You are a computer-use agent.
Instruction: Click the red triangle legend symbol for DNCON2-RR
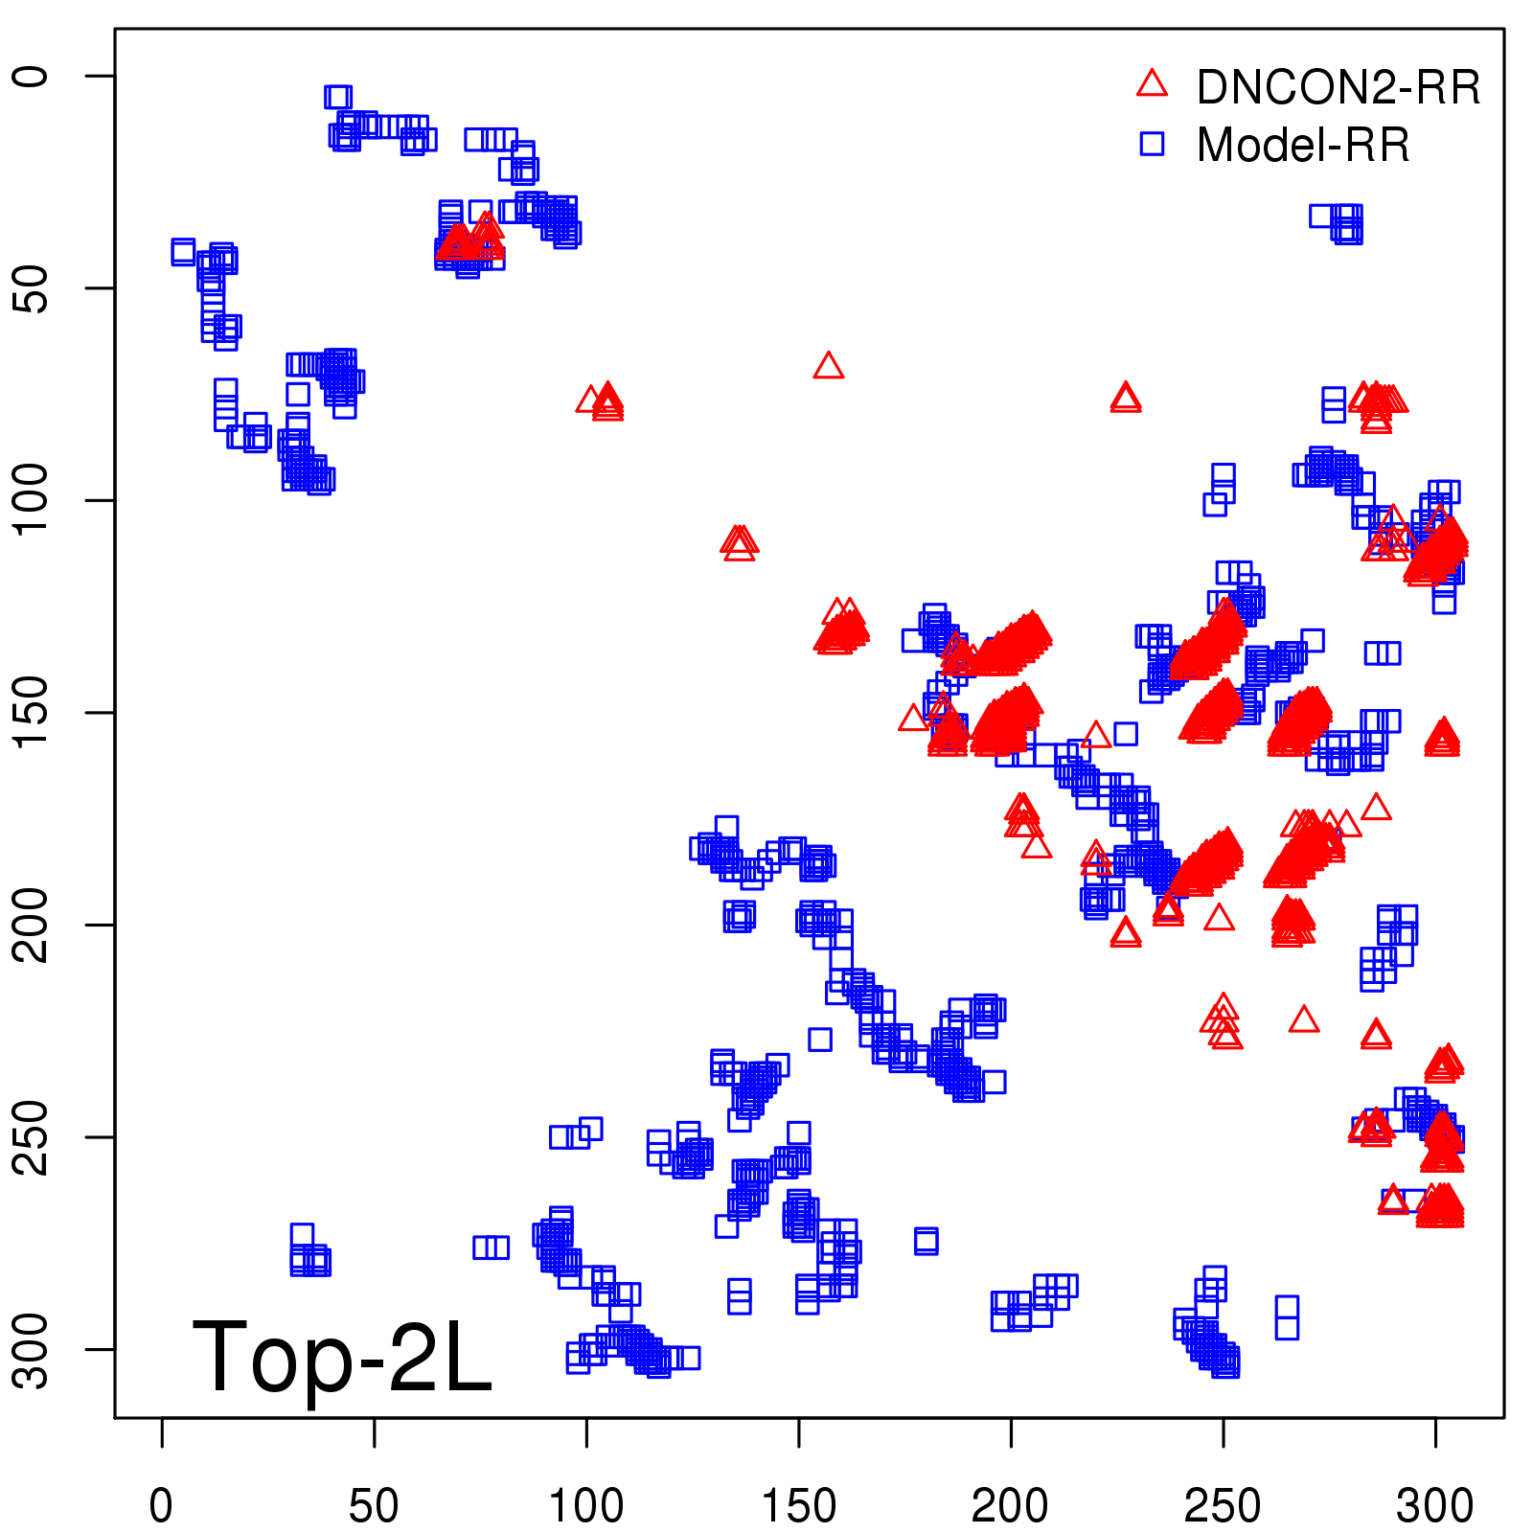[x=1152, y=84]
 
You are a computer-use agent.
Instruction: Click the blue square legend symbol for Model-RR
[x=1152, y=144]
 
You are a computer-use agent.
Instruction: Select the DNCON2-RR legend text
[x=1338, y=87]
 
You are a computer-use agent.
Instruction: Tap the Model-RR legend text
[x=1303, y=146]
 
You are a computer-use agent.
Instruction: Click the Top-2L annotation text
[x=342, y=1356]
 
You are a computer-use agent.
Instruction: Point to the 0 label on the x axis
[x=162, y=1506]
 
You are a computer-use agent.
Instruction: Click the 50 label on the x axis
[x=374, y=1506]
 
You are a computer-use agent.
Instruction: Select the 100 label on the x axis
[x=586, y=1506]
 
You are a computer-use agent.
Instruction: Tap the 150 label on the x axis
[x=798, y=1506]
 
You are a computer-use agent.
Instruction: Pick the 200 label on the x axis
[x=1011, y=1506]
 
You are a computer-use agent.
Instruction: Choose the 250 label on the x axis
[x=1223, y=1506]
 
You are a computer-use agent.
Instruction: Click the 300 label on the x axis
[x=1435, y=1506]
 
